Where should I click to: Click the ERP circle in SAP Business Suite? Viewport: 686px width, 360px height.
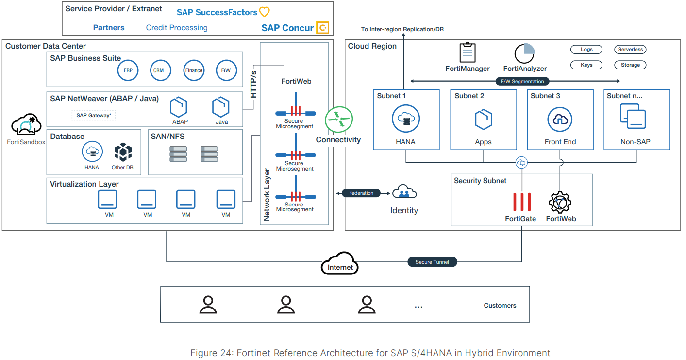(128, 70)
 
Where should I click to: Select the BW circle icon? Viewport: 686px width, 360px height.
(226, 70)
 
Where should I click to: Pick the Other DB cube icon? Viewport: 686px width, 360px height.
(123, 152)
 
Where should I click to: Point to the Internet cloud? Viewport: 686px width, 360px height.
(340, 263)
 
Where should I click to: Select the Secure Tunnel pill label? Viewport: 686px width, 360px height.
(432, 262)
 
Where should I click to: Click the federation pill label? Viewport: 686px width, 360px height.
(362, 193)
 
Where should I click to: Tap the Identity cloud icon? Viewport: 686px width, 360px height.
(404, 192)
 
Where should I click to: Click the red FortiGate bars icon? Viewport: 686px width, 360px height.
(522, 202)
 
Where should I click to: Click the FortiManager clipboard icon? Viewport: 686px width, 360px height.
(467, 52)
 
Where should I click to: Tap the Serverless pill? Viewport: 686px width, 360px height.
(630, 50)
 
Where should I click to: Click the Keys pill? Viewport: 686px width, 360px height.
(586, 65)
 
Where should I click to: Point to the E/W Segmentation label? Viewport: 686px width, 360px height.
(522, 81)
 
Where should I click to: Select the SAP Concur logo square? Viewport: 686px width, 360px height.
(322, 28)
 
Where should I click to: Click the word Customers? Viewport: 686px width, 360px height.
(500, 306)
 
